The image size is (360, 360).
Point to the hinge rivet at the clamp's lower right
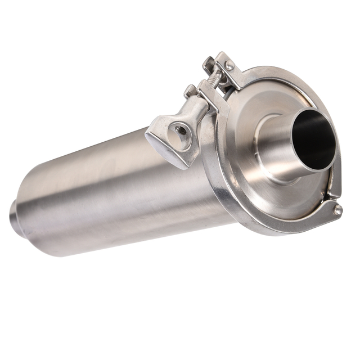tap(338, 210)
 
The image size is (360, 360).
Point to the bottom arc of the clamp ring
tap(270, 228)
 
